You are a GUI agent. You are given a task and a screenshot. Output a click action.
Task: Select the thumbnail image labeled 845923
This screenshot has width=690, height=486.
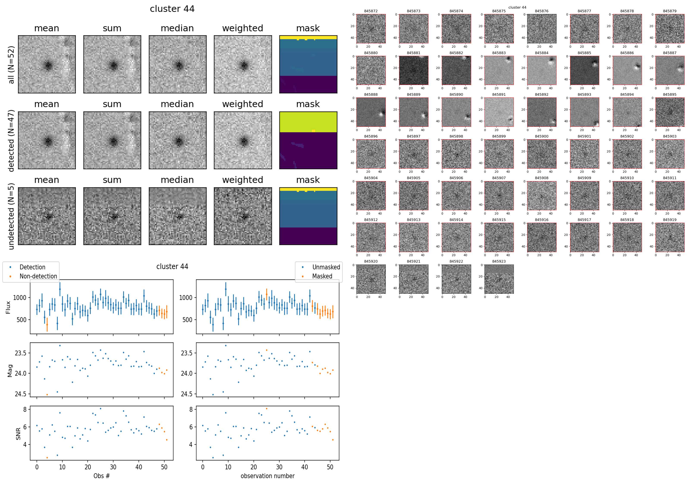499,279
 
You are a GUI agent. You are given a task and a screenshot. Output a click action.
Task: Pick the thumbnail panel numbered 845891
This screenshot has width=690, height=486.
499,112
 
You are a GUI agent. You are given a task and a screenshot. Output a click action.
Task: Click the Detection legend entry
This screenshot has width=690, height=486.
32,267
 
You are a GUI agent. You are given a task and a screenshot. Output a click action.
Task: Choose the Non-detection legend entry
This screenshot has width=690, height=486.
38,276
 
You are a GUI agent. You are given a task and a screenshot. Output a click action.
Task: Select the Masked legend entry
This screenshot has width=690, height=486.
322,276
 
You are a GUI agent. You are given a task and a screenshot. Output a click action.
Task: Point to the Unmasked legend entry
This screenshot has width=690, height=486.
326,267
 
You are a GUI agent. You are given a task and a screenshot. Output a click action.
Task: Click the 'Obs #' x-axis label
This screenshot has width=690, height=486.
102,476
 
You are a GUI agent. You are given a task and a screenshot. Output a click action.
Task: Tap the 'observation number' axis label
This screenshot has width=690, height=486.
267,476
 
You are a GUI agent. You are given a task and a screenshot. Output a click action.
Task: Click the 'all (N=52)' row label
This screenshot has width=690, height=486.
11,65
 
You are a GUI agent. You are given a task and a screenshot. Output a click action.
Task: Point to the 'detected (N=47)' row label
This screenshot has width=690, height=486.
11,141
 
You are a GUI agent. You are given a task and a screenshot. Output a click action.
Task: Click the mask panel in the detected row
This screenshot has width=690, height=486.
308,140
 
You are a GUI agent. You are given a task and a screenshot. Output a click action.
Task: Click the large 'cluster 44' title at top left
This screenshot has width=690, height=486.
172,9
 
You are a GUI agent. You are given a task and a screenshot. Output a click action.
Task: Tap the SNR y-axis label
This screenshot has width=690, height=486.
18,434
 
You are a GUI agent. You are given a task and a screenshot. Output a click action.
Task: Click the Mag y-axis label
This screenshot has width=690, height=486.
10,371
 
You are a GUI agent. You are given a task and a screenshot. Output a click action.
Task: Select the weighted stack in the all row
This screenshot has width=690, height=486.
243,64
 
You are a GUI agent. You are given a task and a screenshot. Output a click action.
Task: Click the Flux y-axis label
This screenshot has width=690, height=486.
8,307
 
